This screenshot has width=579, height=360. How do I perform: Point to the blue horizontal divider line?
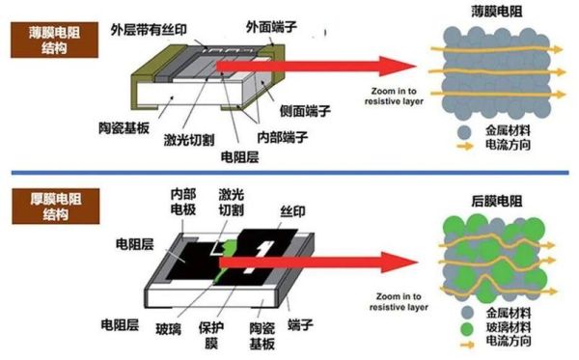click(289, 173)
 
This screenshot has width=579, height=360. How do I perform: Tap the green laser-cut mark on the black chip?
click(228, 256)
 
